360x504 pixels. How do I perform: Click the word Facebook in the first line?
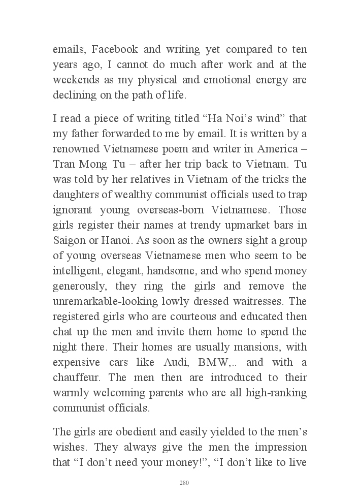pyautogui.click(x=112, y=50)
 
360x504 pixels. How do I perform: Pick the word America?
pyautogui.click(x=274, y=149)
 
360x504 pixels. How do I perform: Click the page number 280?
pyautogui.click(x=184, y=483)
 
